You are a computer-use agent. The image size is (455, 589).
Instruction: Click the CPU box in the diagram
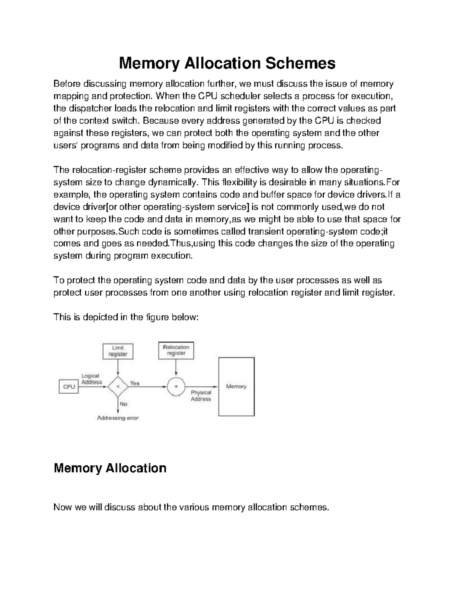(x=69, y=387)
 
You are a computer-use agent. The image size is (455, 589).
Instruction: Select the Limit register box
(x=118, y=351)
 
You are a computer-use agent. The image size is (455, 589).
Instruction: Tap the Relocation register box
(x=176, y=350)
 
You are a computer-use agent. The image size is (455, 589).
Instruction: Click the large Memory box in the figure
(x=236, y=386)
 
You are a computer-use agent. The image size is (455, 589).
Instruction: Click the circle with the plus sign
(x=176, y=386)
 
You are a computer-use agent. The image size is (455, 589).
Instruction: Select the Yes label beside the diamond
(x=135, y=383)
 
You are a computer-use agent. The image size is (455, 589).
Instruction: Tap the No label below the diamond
(x=124, y=404)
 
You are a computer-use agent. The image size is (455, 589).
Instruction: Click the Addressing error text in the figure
(x=118, y=418)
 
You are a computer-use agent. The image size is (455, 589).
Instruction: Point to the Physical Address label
(x=201, y=396)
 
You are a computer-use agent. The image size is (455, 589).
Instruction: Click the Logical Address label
(x=91, y=379)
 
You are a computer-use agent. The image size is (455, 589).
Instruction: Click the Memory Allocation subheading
(x=110, y=468)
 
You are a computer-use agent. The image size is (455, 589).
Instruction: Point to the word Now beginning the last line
(x=63, y=507)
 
